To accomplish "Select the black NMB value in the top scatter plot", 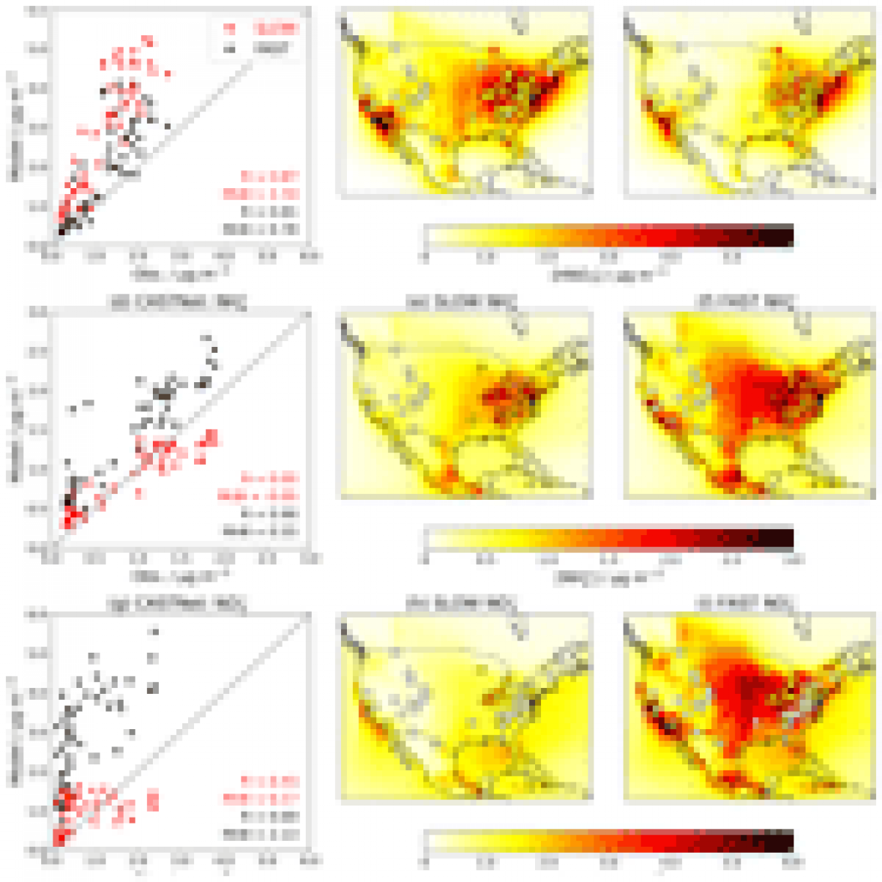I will click(262, 229).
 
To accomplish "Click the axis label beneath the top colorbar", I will click(609, 275).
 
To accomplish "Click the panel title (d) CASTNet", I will click(178, 303).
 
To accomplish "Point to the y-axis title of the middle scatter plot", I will click(13, 429).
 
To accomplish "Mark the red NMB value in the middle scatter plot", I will click(259, 495).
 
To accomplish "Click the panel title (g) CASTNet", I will click(178, 604).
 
